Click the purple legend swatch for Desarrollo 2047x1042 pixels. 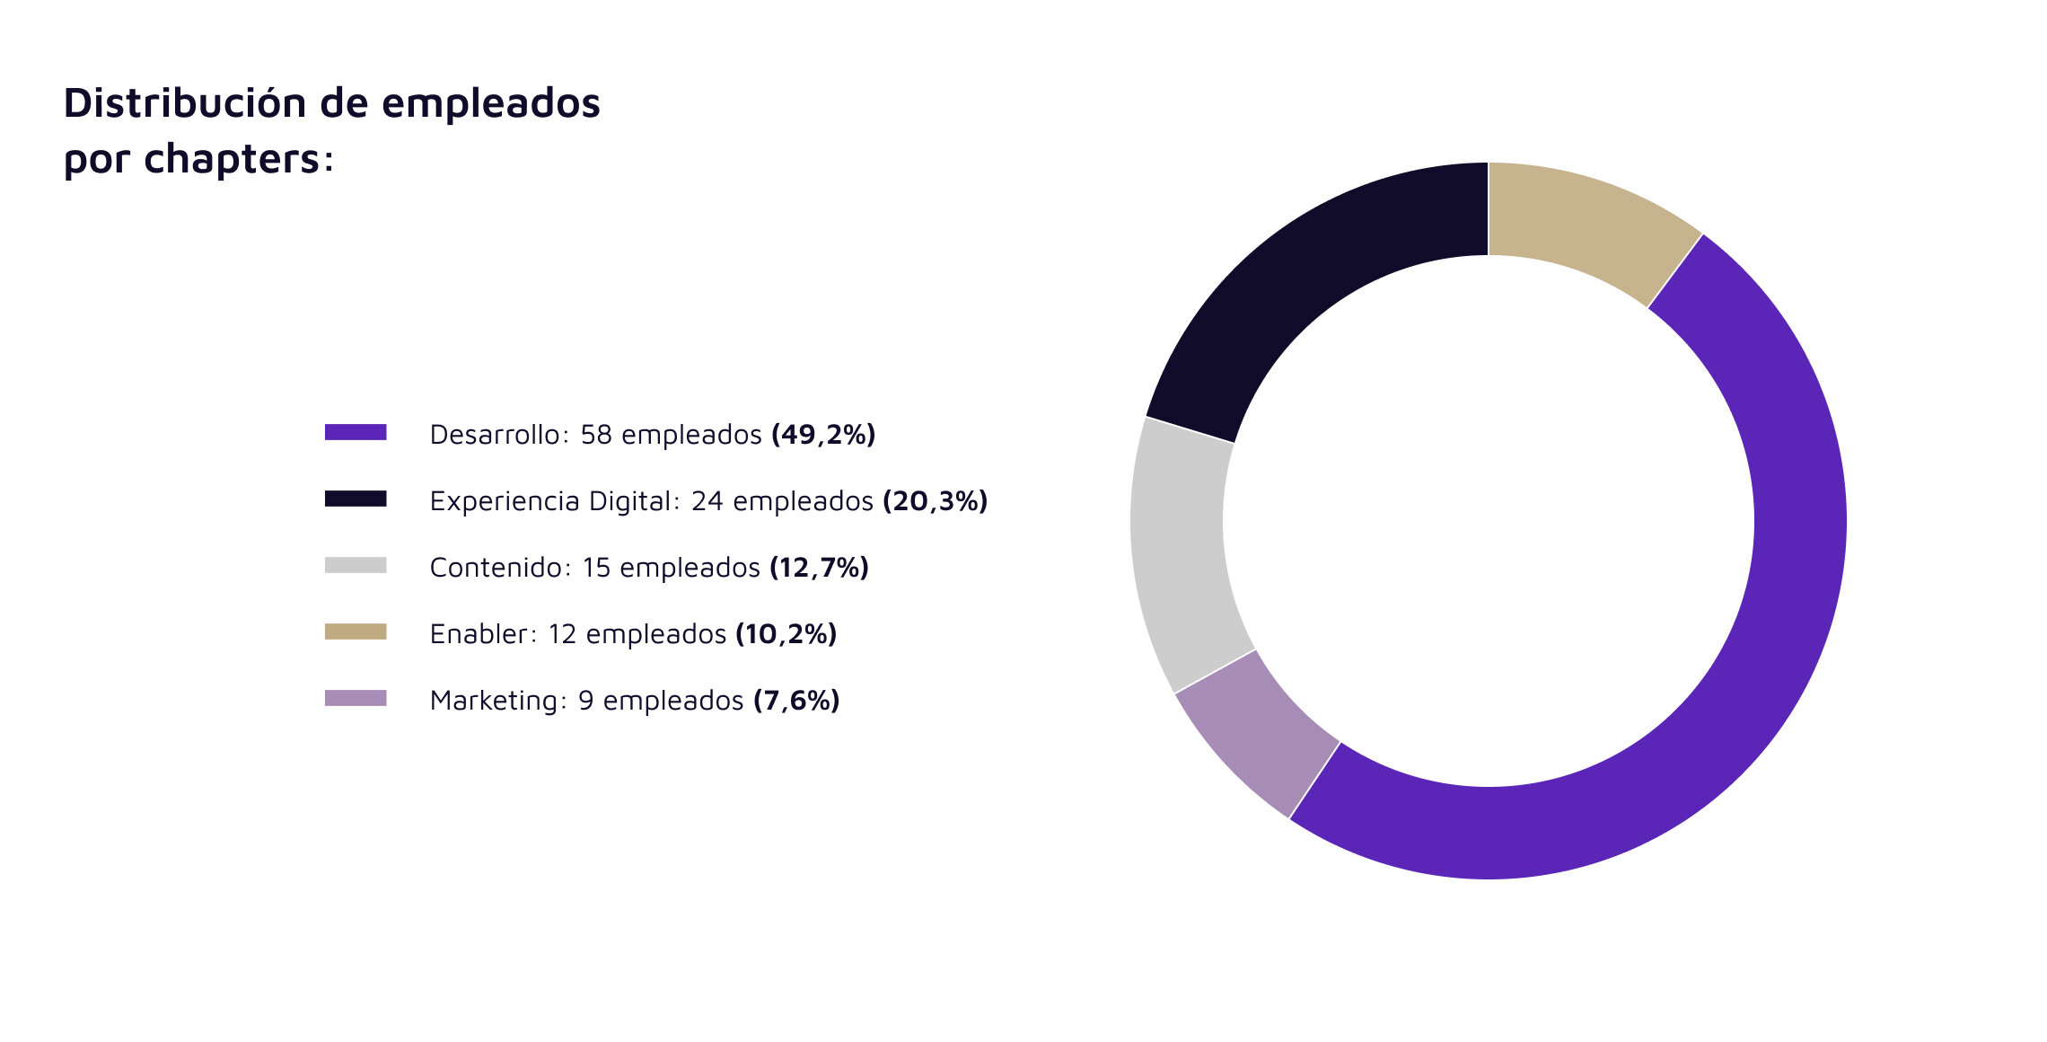[356, 432]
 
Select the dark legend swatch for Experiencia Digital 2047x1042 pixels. [356, 499]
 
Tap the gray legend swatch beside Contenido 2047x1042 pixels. [356, 565]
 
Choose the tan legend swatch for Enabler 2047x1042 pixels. [356, 631]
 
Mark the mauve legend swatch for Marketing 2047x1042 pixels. [356, 698]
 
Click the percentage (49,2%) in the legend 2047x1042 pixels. [822, 435]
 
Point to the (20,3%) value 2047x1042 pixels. [935, 501]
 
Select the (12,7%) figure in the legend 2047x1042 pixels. [819, 568]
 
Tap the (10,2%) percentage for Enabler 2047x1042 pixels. [786, 634]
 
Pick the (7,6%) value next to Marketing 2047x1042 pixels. [795, 701]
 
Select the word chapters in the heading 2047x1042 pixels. [232, 160]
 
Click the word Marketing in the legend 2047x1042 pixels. [496, 701]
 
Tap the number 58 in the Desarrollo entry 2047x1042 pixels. [596, 435]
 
